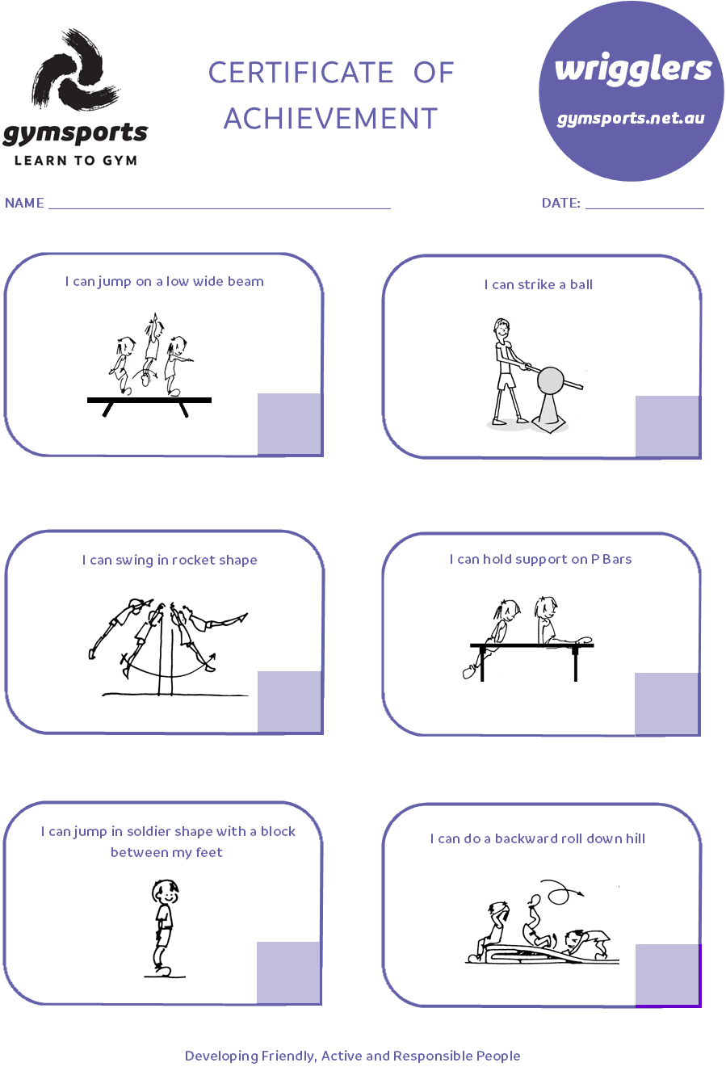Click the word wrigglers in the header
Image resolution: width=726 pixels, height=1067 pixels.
(633, 69)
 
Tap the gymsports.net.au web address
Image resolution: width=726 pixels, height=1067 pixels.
(631, 119)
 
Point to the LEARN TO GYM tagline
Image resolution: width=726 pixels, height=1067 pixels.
(75, 159)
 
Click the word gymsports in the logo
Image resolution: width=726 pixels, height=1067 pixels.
(75, 134)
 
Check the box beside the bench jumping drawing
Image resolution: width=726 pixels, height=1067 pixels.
(289, 423)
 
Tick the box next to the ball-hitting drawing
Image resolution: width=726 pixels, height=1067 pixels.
(666, 426)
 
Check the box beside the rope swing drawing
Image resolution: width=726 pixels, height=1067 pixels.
(289, 701)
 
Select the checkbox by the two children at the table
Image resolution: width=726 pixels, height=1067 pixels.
(666, 704)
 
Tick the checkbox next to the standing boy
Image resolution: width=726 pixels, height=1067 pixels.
(288, 972)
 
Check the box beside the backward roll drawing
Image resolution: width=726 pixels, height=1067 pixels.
(667, 975)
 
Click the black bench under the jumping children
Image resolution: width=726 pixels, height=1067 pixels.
(149, 400)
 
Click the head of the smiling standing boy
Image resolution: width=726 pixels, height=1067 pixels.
(166, 892)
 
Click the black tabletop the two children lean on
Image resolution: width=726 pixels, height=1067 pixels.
(531, 645)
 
